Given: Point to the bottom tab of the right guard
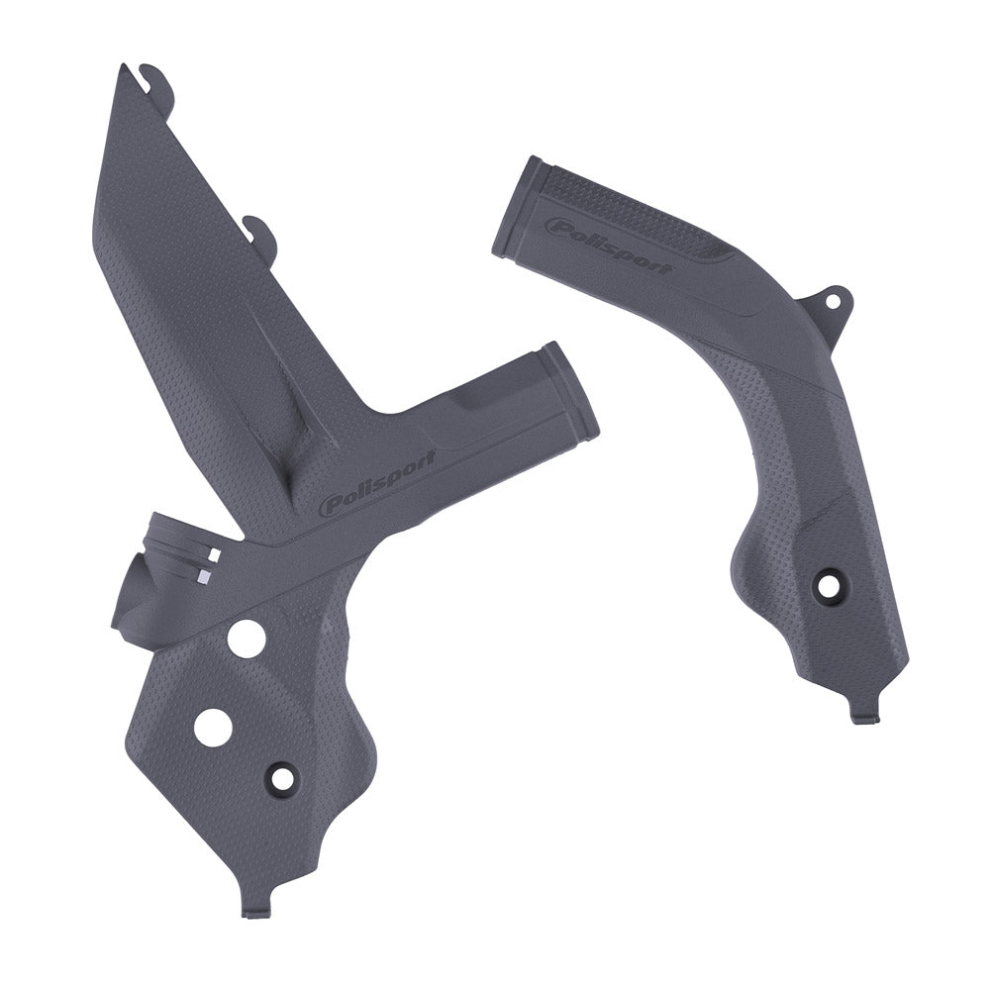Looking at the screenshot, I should point(861,711).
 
